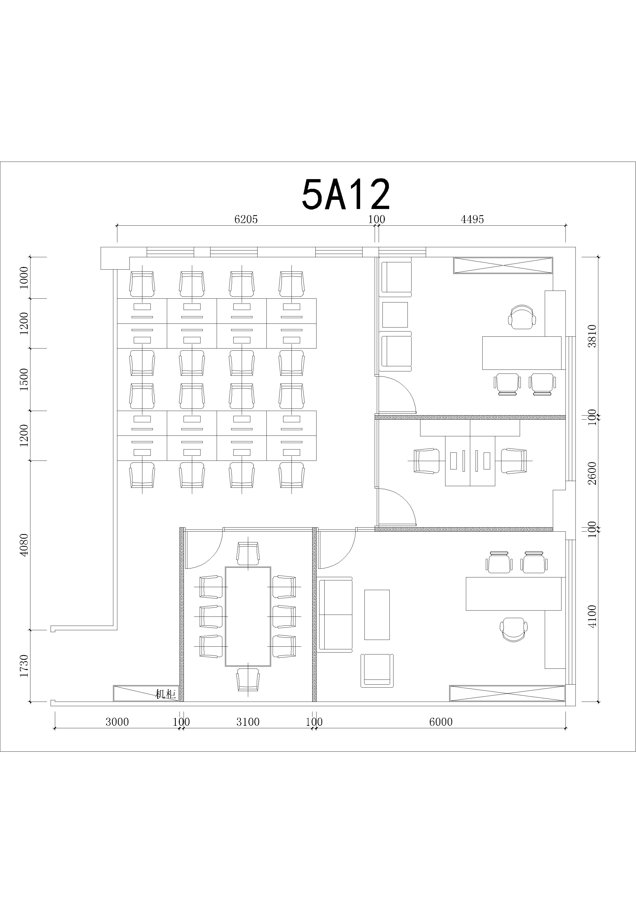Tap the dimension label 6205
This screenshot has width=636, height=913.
(246, 219)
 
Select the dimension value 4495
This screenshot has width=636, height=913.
(472, 219)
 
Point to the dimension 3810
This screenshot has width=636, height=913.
(592, 336)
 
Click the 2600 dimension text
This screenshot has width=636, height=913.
(592, 473)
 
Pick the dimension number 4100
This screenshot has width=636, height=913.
(592, 616)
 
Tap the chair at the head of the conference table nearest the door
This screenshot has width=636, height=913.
(248, 553)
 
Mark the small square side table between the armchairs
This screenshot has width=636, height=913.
(395, 315)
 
